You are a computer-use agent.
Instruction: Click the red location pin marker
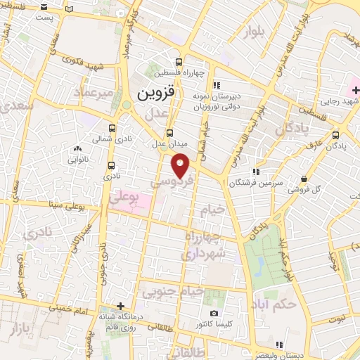point(181,165)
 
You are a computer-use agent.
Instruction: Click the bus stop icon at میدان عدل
point(169,133)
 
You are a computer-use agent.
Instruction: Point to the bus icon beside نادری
point(112,166)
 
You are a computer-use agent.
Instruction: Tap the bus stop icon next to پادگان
point(335,136)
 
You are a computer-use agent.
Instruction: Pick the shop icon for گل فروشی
point(303,179)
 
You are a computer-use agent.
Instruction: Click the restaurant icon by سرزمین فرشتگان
point(258,172)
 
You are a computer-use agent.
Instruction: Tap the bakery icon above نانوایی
point(77,149)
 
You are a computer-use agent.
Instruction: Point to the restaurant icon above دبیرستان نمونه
point(217,85)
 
